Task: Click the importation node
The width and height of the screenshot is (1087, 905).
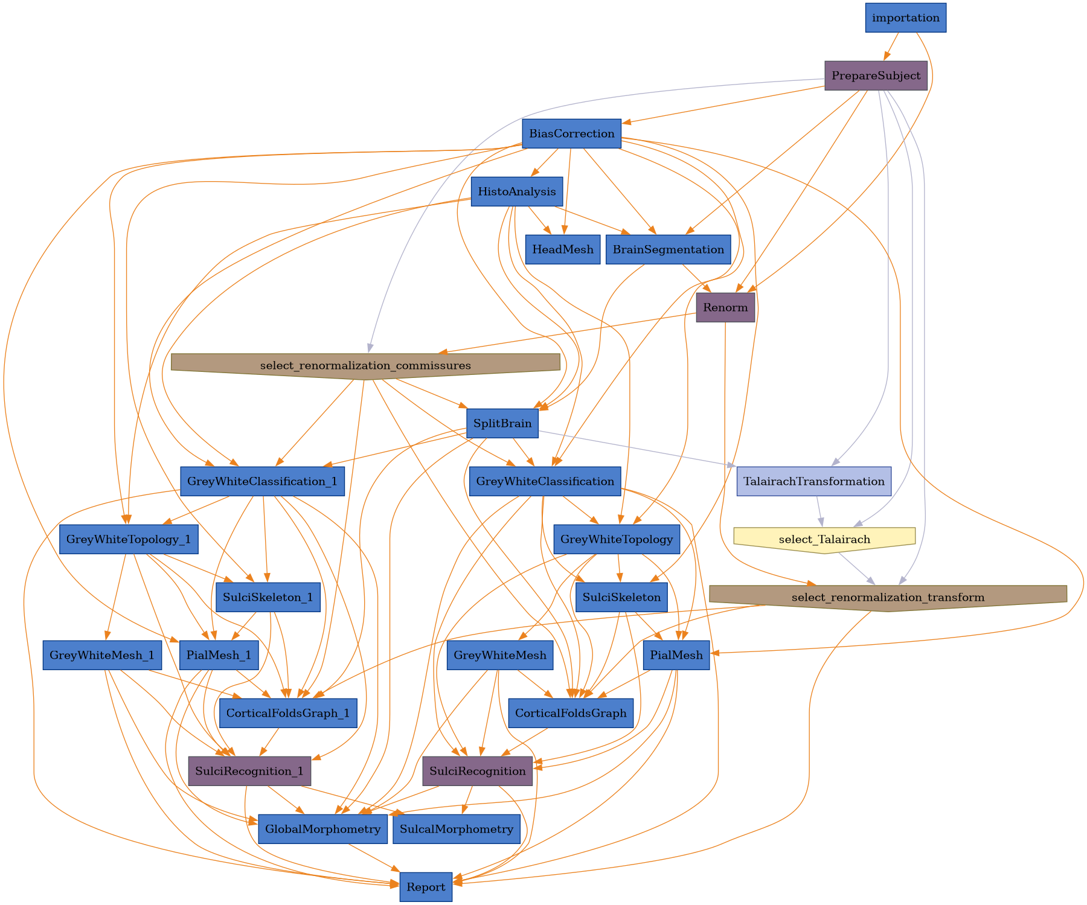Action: (x=905, y=18)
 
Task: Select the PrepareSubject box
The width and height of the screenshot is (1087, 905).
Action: (x=876, y=76)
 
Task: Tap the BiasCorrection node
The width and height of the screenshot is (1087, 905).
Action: (x=571, y=134)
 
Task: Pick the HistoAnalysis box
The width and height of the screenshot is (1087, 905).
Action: (x=516, y=192)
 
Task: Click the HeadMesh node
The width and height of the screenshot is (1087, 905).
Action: (x=562, y=250)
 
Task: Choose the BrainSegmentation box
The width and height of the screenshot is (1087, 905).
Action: (x=668, y=250)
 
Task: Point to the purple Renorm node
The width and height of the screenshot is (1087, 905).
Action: (x=725, y=308)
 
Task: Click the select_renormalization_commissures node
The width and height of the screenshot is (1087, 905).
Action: (x=365, y=365)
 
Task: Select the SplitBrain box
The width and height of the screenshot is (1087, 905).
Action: (x=502, y=424)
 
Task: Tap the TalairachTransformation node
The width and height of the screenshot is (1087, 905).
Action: (x=813, y=482)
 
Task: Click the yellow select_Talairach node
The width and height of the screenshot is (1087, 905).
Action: (x=824, y=539)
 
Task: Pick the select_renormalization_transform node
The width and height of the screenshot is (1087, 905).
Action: (x=888, y=597)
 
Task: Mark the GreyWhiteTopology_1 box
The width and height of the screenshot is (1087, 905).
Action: (x=129, y=540)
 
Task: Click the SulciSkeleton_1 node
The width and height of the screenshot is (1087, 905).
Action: (x=268, y=598)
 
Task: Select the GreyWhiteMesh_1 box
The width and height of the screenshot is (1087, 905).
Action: (x=102, y=656)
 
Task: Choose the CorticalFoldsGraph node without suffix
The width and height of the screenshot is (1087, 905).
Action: (x=571, y=714)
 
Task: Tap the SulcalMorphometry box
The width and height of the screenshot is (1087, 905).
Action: (x=456, y=830)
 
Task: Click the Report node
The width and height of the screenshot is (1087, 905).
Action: (x=426, y=887)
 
